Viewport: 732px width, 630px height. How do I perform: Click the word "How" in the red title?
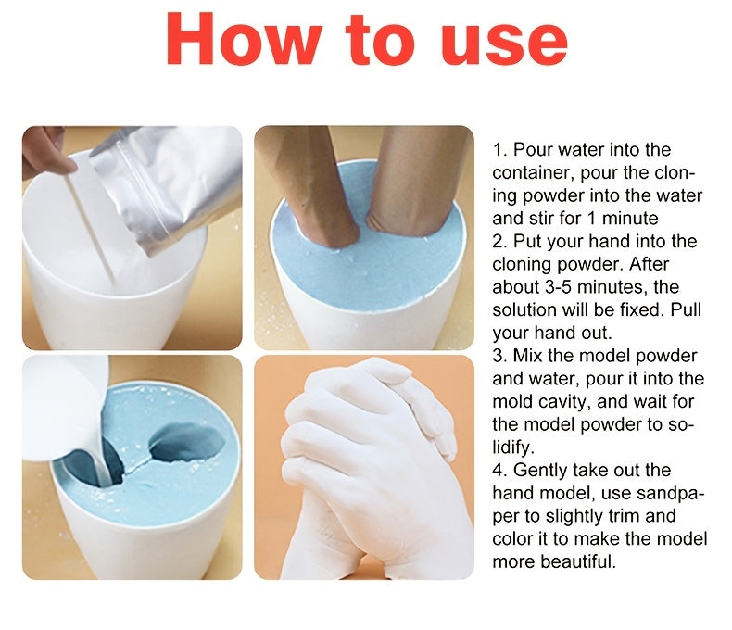pyautogui.click(x=242, y=40)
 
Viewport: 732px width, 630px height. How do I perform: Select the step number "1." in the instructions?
pyautogui.click(x=500, y=150)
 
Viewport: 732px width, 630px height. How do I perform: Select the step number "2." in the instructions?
pyautogui.click(x=500, y=242)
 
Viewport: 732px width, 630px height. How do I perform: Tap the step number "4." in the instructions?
pyautogui.click(x=500, y=470)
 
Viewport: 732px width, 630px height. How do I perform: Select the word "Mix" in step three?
pyautogui.click(x=529, y=356)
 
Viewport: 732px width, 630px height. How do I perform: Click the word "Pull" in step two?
pyautogui.click(x=687, y=309)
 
